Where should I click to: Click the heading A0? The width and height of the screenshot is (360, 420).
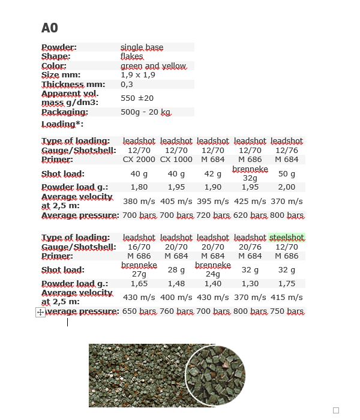coord(50,28)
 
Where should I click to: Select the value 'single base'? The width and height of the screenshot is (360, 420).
coord(142,47)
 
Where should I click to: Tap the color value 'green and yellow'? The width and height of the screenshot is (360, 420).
coord(153,66)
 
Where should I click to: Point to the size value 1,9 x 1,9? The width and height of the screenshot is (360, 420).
coord(137,75)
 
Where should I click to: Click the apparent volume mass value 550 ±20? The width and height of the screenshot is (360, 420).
coord(137,98)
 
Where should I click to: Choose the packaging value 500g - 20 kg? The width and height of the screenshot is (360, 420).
coord(146,112)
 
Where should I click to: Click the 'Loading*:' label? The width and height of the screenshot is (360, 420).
coord(62,124)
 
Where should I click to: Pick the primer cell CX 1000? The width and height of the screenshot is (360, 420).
coord(176,160)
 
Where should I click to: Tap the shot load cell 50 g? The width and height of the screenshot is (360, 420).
coord(287,174)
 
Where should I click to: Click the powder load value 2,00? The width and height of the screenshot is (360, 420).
coord(287,187)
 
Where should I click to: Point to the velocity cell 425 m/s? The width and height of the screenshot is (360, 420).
coord(250,202)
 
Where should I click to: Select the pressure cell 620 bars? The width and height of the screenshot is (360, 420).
coord(250,215)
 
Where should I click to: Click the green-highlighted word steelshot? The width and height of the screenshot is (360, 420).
coord(287,238)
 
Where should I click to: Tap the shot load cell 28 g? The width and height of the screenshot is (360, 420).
coord(176,270)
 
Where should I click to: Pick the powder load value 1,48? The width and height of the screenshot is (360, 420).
coord(176,284)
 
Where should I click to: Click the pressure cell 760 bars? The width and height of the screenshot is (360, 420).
coord(176,312)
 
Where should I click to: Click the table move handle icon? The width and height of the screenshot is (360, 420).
coord(40,312)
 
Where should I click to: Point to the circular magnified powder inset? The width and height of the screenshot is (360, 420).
coord(215,374)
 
